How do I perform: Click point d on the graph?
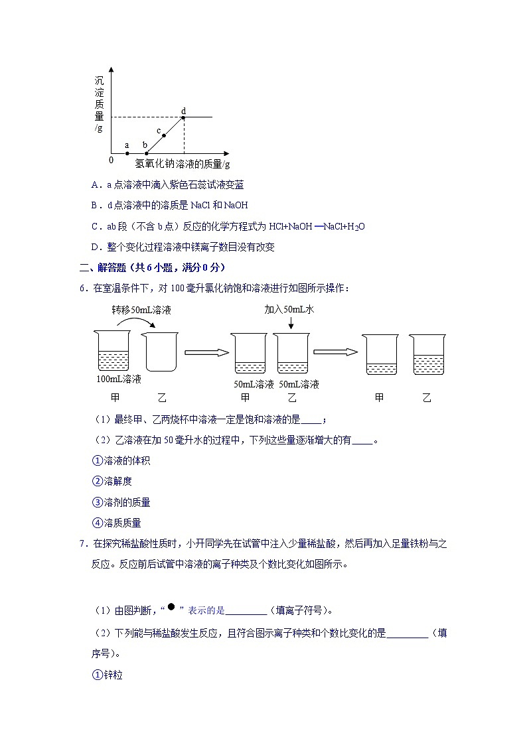click(x=184, y=117)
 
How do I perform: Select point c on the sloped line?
click(x=164, y=135)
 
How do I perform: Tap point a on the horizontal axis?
click(x=127, y=153)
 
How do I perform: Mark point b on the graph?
click(x=146, y=153)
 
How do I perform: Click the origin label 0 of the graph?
click(x=111, y=160)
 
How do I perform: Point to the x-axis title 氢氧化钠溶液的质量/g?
click(x=183, y=164)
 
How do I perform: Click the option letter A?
click(x=95, y=185)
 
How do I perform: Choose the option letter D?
click(x=95, y=247)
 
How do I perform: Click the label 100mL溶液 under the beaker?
click(x=119, y=379)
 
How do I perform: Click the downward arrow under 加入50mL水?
click(x=291, y=323)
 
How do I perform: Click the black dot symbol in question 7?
click(x=171, y=606)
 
